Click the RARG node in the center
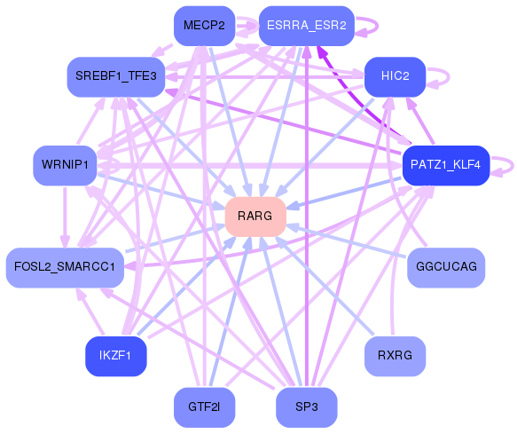point(255,217)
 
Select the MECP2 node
point(204,25)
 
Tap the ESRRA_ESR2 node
point(306,25)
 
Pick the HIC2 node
point(395,76)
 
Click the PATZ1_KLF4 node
point(444,165)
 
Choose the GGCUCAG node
point(446,267)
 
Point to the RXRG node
point(395,356)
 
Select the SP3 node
point(306,407)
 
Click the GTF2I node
point(204,407)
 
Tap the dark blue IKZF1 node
point(115,356)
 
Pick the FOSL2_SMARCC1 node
point(65,267)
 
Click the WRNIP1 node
point(65,165)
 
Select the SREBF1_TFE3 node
point(115,76)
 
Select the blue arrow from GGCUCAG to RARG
point(350,242)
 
